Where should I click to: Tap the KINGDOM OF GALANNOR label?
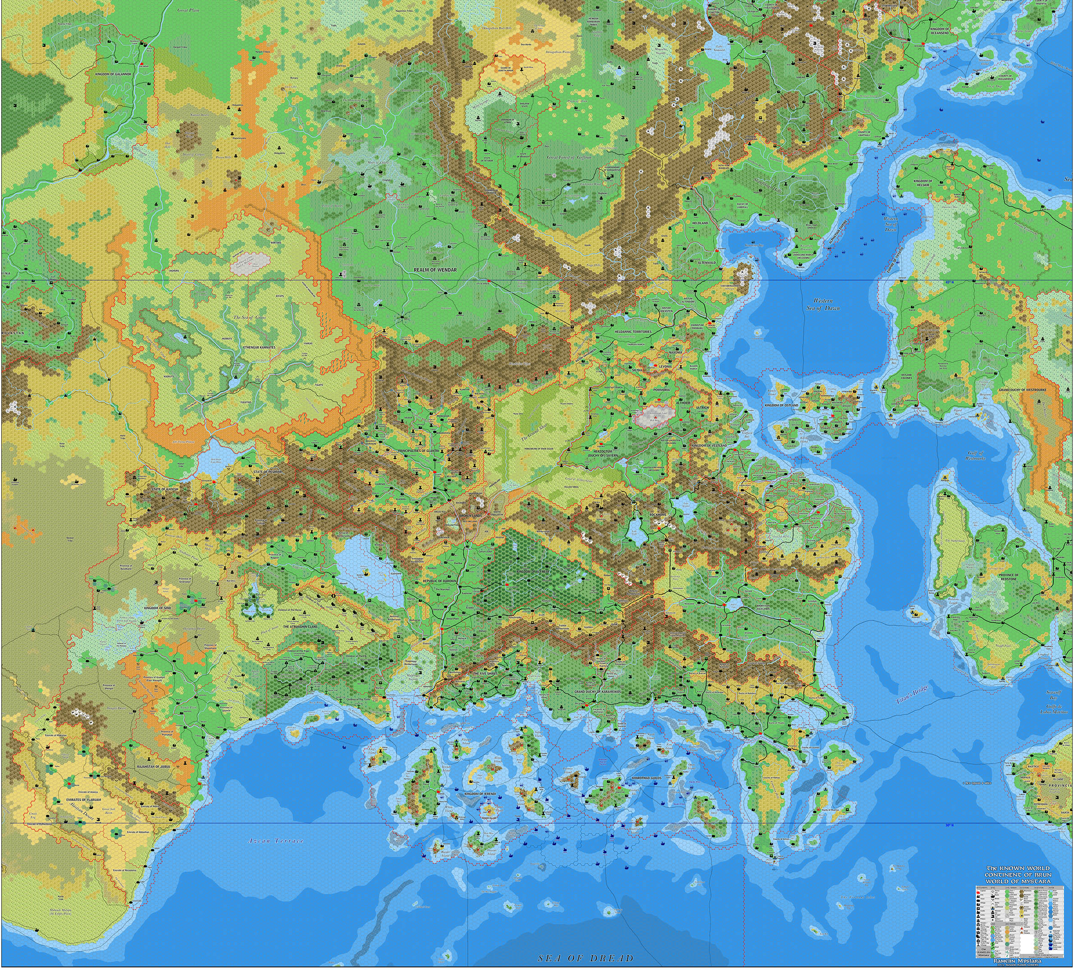click(x=113, y=75)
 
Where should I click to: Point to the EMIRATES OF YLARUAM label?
click(x=76, y=800)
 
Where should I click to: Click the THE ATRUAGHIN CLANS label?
click(x=300, y=627)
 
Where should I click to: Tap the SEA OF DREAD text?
click(x=586, y=958)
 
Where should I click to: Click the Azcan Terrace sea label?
click(x=275, y=841)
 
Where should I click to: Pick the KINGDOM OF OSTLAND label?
click(x=781, y=405)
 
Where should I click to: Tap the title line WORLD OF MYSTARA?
click(x=1018, y=881)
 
